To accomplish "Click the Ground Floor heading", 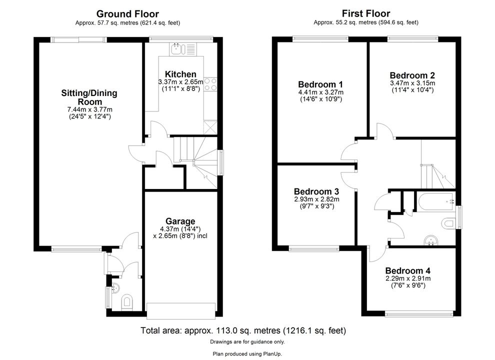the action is coord(127,14).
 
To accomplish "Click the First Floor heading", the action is coord(366,13).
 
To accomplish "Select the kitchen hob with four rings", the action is coord(210,84).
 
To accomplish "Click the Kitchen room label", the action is coord(180,74).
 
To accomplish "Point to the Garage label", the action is coord(180,221).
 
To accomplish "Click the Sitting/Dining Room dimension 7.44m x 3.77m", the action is coord(90,109).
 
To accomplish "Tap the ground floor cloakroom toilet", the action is coord(127,301).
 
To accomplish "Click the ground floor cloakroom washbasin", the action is coord(115,288).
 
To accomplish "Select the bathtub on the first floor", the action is coord(436,202).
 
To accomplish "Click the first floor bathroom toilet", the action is coord(449,223).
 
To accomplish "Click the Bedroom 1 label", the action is coord(320,84).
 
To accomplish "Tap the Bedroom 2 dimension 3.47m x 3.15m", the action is coord(412,83).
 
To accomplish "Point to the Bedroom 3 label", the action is coord(316,191).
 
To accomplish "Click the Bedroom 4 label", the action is coord(407,271).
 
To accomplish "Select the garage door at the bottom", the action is coord(181,311).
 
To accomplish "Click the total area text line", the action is coord(243,330).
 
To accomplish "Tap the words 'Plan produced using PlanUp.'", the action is coord(247,354).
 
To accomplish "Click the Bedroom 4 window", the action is coord(419,313).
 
